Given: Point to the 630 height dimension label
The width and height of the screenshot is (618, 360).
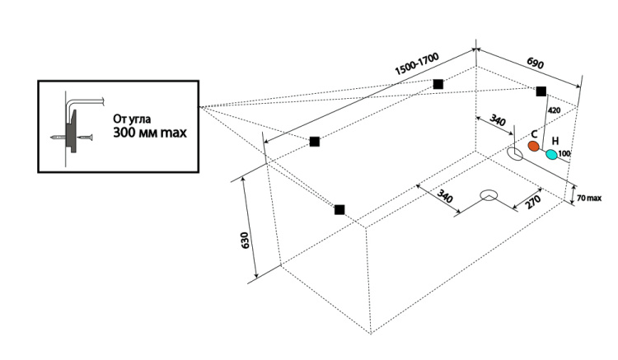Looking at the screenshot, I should coord(245,241).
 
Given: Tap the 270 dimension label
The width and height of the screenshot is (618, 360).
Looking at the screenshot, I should coord(532,203).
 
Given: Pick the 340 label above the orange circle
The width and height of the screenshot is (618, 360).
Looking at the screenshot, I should coord(498,121).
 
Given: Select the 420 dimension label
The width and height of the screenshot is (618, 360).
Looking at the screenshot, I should coord(554,110).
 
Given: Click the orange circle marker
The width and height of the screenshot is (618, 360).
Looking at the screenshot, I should coord(533,147).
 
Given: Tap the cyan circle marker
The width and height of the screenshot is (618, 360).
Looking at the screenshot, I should coord(551,154).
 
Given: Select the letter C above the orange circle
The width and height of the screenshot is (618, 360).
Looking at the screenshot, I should coord(534,133).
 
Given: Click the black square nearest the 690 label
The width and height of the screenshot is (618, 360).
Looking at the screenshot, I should coord(541,91).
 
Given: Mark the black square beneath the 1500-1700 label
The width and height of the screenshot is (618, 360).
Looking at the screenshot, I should coord(438,83).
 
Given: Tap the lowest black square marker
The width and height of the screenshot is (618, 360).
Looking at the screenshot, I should coord(339,209).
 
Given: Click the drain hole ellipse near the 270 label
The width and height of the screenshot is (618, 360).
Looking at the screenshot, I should coord(489,196).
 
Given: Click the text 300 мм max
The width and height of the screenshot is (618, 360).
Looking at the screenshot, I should coord(149,132).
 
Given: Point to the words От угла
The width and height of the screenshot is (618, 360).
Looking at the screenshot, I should coord(132,118).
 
